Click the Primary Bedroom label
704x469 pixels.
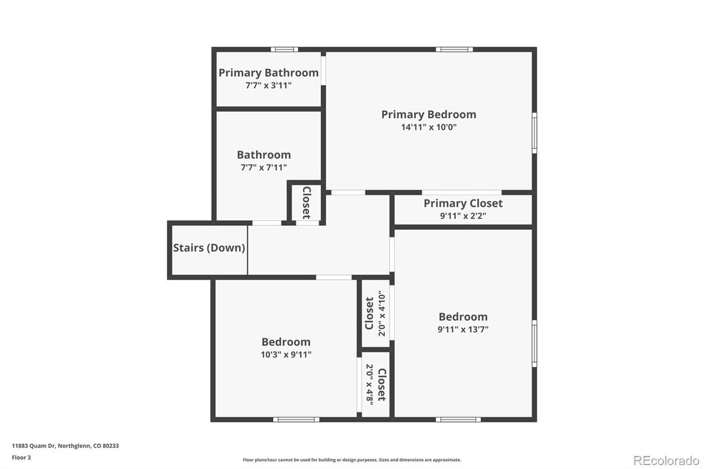(x=429, y=114)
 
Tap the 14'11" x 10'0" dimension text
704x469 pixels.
(x=429, y=127)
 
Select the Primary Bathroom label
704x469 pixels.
(x=268, y=73)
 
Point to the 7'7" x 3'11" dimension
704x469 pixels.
(x=268, y=85)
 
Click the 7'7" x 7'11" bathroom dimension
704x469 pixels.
(x=264, y=167)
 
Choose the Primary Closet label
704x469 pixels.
(x=463, y=203)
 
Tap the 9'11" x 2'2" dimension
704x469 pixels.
(x=463, y=215)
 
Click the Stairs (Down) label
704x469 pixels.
(x=209, y=248)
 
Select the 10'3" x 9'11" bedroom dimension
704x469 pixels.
(x=286, y=354)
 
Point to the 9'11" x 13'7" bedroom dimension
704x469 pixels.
(x=463, y=329)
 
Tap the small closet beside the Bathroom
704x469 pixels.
(x=306, y=202)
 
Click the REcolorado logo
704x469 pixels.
(x=666, y=460)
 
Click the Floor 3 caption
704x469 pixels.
(x=21, y=457)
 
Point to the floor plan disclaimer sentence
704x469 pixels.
(x=352, y=460)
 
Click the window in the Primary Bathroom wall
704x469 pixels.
(x=284, y=50)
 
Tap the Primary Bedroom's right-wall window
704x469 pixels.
(x=534, y=133)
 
